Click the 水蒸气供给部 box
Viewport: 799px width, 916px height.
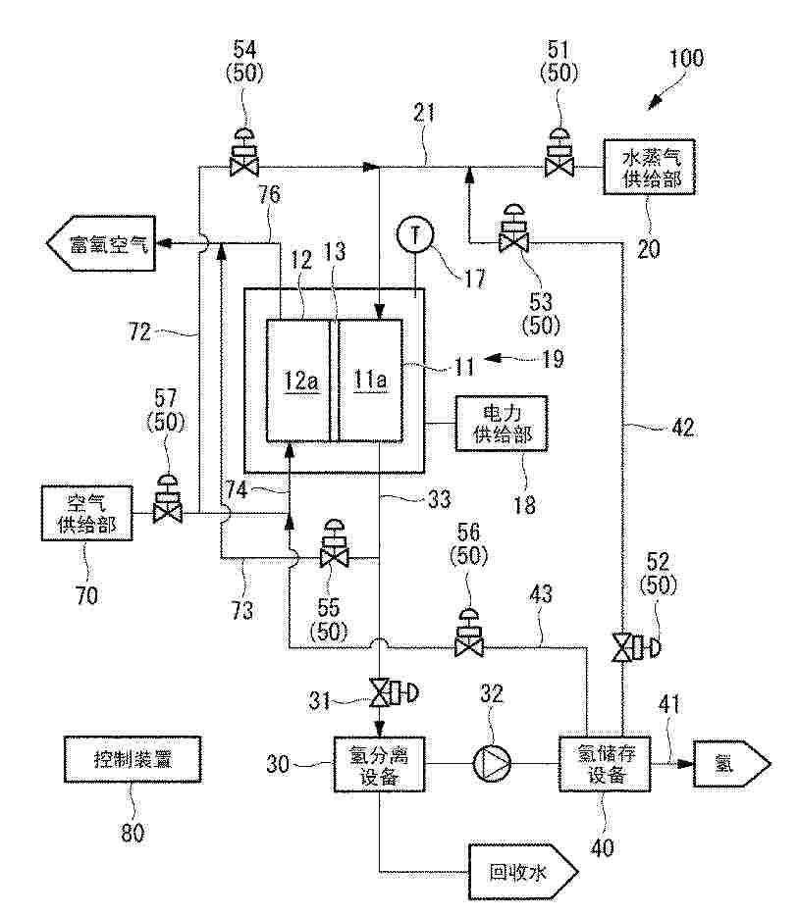pyautogui.click(x=649, y=167)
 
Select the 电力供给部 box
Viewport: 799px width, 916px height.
pyautogui.click(x=502, y=424)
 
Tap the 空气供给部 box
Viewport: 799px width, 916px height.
pyautogui.click(x=87, y=513)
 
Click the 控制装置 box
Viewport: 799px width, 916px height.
pyautogui.click(x=133, y=759)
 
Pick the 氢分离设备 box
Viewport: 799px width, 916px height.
pyautogui.click(x=379, y=764)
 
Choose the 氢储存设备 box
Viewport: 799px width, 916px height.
pyautogui.click(x=605, y=764)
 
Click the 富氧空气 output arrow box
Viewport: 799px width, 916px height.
pyautogui.click(x=100, y=243)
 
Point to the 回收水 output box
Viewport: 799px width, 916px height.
pyautogui.click(x=523, y=872)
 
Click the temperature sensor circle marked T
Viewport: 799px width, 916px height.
pyautogui.click(x=415, y=236)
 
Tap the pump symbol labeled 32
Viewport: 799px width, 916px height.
pyautogui.click(x=492, y=764)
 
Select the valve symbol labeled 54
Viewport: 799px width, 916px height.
pyautogui.click(x=244, y=153)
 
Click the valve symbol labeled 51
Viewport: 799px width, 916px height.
pyautogui.click(x=559, y=152)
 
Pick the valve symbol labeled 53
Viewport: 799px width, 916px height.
pyautogui.click(x=513, y=229)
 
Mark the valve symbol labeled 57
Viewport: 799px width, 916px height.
pyautogui.click(x=168, y=499)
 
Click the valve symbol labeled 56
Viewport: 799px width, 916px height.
pyautogui.click(x=469, y=634)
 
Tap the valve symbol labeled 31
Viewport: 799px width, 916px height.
pyautogui.click(x=396, y=692)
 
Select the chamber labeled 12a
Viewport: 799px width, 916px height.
pyautogui.click(x=297, y=381)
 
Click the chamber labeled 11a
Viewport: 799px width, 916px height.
pyautogui.click(x=371, y=381)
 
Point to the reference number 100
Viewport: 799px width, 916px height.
pyautogui.click(x=686, y=59)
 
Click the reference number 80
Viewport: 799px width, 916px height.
pyautogui.click(x=133, y=833)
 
